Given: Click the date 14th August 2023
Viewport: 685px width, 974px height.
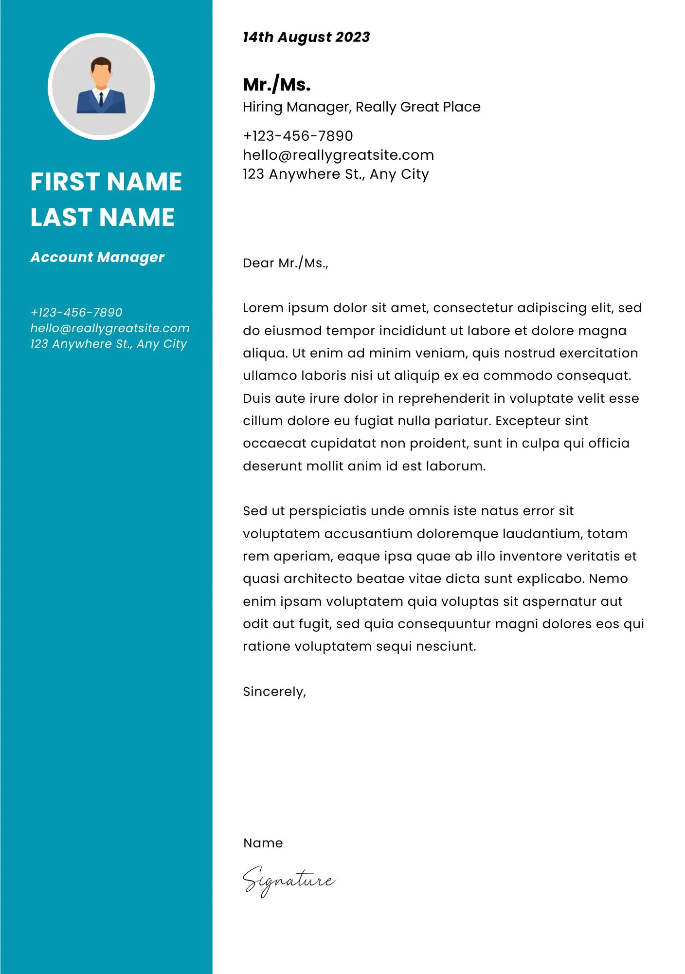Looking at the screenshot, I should [x=306, y=37].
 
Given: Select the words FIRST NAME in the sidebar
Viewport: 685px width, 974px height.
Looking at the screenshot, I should [x=106, y=182].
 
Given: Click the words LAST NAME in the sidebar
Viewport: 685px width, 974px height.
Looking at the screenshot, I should [x=102, y=217].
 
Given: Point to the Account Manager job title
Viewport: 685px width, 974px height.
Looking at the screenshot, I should [x=97, y=257].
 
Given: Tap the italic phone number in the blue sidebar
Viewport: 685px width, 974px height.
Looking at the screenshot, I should [x=76, y=312].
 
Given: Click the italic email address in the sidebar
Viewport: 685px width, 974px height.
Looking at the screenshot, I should [x=109, y=328].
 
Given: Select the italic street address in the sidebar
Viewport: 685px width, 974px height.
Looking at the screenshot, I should [x=108, y=344].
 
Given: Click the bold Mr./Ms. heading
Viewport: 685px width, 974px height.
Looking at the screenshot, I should [x=276, y=85].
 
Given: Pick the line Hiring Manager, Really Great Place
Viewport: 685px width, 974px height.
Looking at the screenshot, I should [x=361, y=107].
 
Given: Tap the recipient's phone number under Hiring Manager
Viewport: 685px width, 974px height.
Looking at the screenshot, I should [x=298, y=136].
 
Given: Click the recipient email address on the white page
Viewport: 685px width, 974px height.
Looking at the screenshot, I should [x=338, y=155].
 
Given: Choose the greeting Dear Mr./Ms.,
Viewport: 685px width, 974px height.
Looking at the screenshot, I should [x=286, y=263].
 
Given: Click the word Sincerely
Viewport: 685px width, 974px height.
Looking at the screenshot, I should [x=274, y=692].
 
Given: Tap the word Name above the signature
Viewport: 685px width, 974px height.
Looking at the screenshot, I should [x=263, y=843].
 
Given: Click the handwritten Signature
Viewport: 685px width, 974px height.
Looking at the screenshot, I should [x=289, y=880].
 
